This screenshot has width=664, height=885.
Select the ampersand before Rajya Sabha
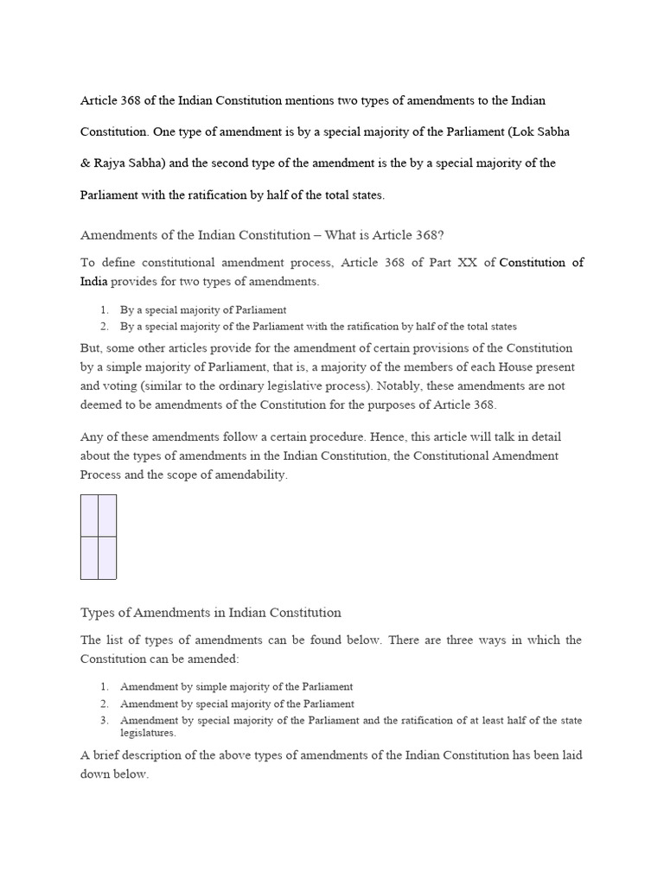[86, 163]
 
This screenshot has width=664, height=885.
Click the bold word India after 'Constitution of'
[94, 281]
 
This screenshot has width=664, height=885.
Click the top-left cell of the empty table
[89, 515]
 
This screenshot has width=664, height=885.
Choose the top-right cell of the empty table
[107, 515]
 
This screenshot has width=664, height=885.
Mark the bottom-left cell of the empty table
[89, 557]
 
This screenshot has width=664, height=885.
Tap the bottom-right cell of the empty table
[107, 557]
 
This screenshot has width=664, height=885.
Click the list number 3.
[103, 721]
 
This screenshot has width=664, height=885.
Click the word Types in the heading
[98, 613]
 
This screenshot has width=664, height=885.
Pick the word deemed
[99, 404]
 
